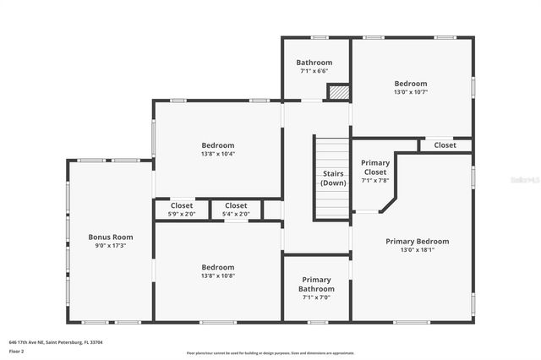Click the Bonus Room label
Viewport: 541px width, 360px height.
[111, 237]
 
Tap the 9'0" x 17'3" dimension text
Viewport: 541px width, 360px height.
[111, 246]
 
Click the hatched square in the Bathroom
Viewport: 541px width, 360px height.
[338, 91]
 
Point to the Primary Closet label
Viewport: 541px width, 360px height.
[374, 167]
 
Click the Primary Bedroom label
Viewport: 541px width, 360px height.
[417, 241]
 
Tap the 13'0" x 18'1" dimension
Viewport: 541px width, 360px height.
[417, 250]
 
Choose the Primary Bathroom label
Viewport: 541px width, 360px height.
[316, 284]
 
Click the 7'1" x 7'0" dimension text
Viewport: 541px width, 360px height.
[316, 297]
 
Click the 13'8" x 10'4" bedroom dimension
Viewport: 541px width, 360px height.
[217, 154]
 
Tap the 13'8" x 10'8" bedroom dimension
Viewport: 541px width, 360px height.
[217, 275]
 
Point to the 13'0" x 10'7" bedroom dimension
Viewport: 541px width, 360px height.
[410, 93]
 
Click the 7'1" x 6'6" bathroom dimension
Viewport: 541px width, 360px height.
[316, 72]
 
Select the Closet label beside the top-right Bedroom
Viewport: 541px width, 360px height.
[445, 145]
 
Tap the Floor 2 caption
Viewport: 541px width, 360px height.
[17, 351]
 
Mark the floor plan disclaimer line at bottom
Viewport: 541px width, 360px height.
[270, 353]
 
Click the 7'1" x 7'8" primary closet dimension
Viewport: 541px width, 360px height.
[374, 180]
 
